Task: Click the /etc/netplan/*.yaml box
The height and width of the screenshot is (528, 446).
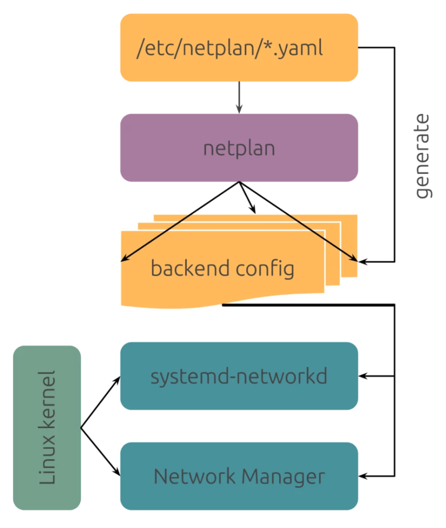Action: [239, 48]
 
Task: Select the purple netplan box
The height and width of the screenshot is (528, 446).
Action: [239, 148]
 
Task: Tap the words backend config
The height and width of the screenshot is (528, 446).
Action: [222, 269]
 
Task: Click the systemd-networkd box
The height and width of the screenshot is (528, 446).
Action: [239, 376]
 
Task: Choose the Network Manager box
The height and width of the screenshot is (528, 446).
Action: [239, 476]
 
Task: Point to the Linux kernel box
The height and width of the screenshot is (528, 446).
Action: [47, 428]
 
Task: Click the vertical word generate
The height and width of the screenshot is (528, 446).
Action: [424, 156]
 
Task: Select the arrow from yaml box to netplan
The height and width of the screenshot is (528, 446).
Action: [239, 98]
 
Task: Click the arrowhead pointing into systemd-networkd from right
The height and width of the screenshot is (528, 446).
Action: [363, 376]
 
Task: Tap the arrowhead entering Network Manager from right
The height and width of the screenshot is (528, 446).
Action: [363, 476]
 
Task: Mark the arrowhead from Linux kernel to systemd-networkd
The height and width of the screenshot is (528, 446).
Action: [117, 379]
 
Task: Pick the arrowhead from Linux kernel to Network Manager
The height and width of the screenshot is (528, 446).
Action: [117, 472]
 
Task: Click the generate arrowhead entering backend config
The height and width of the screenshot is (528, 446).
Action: [363, 261]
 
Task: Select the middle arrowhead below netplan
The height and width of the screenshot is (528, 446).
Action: [253, 210]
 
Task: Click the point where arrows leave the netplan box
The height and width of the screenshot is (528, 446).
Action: [239, 182]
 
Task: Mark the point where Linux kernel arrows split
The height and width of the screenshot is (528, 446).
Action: [81, 429]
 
